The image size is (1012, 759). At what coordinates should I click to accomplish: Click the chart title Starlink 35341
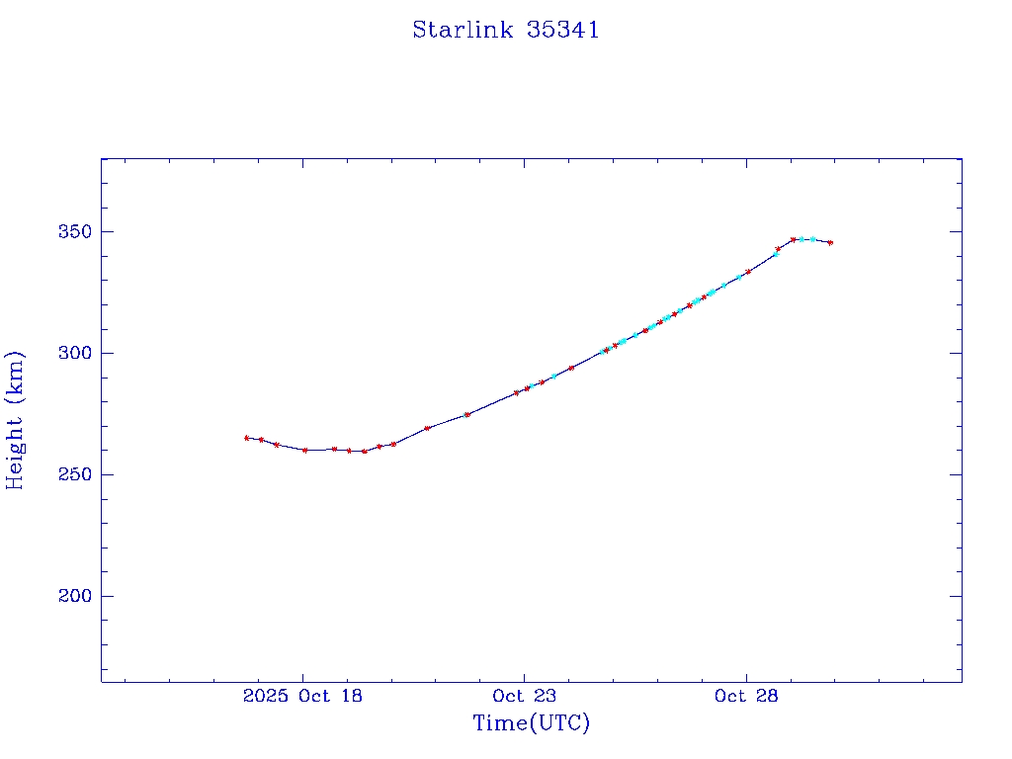pyautogui.click(x=505, y=30)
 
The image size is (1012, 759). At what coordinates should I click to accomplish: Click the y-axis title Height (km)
pyautogui.click(x=15, y=420)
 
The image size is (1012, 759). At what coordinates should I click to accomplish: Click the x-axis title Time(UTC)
pyautogui.click(x=531, y=723)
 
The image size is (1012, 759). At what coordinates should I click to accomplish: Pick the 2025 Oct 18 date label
pyautogui.click(x=302, y=696)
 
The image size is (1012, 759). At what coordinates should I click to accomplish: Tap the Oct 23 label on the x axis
pyautogui.click(x=524, y=696)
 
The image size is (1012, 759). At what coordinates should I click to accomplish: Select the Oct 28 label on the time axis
pyautogui.click(x=746, y=696)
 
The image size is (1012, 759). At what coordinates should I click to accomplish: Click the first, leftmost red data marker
pyautogui.click(x=246, y=438)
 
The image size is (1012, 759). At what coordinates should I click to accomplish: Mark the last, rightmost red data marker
pyautogui.click(x=830, y=242)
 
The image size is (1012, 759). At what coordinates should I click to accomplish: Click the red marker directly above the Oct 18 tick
pyautogui.click(x=304, y=450)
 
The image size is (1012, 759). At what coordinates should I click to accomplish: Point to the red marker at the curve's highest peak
pyautogui.click(x=794, y=239)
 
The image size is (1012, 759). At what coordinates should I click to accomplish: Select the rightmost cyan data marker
pyautogui.click(x=813, y=239)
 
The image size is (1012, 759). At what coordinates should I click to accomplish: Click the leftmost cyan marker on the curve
pyautogui.click(x=532, y=385)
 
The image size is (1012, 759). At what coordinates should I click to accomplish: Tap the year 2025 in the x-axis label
pyautogui.click(x=264, y=696)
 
